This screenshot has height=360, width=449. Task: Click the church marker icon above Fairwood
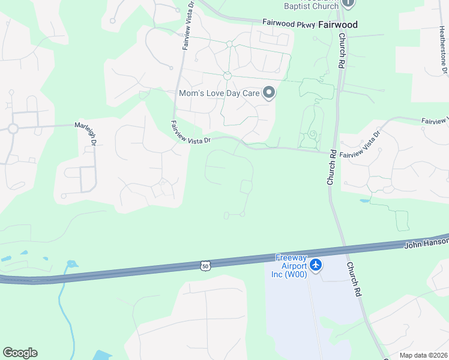[x=348, y=2]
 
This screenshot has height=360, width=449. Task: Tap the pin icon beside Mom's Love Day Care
[x=270, y=92]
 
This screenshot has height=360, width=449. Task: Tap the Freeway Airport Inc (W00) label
[x=291, y=266]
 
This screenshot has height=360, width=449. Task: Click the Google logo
[x=20, y=353]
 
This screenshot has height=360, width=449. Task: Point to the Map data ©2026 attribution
[x=424, y=355]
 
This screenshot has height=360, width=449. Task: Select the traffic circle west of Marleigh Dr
[x=13, y=128]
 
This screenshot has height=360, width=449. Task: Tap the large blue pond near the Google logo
[x=103, y=356]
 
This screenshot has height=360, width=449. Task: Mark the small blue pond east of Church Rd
[x=364, y=200]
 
